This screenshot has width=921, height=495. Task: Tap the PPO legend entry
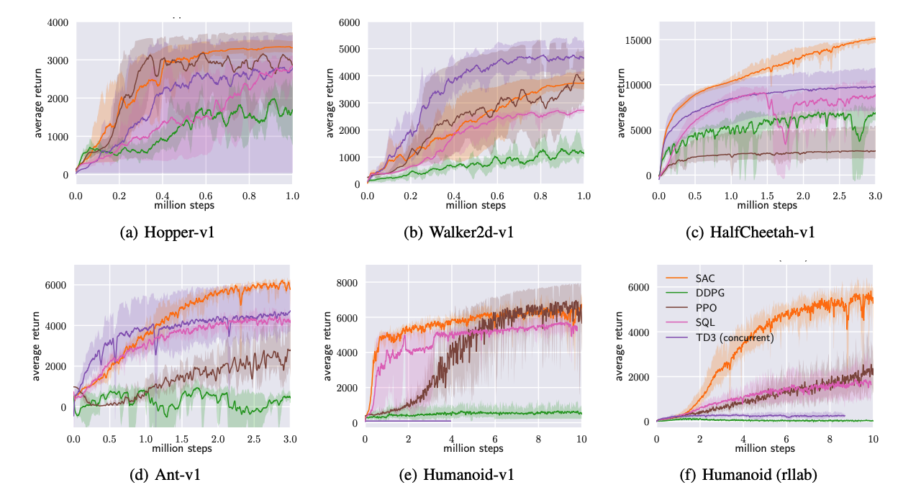point(707,308)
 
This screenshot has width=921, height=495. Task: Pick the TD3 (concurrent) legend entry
point(734,337)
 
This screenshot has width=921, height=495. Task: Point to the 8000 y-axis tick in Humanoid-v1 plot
point(347,283)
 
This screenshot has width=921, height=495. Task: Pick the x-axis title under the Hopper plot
point(184,206)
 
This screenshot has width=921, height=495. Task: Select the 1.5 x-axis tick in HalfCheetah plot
point(767,196)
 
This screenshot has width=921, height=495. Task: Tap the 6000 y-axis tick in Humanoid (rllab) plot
point(638,287)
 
